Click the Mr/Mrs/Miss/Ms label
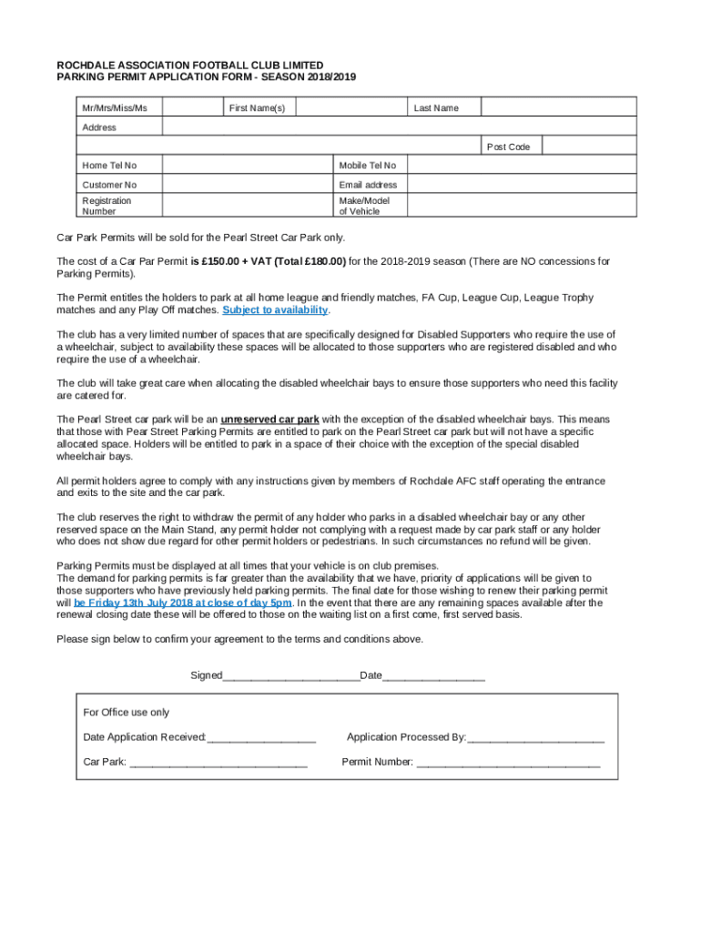pyautogui.click(x=115, y=108)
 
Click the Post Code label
pyautogui.click(x=508, y=147)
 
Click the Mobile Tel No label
pyautogui.click(x=367, y=166)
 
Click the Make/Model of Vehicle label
pyautogui.click(x=364, y=206)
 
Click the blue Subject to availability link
pyautogui.click(x=275, y=310)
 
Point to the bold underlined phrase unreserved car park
pyautogui.click(x=269, y=420)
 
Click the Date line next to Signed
pyautogui.click(x=433, y=675)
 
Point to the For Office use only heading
pyautogui.click(x=126, y=712)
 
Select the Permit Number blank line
pyautogui.click(x=508, y=763)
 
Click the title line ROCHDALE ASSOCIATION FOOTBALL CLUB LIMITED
pyautogui.click(x=190, y=66)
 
